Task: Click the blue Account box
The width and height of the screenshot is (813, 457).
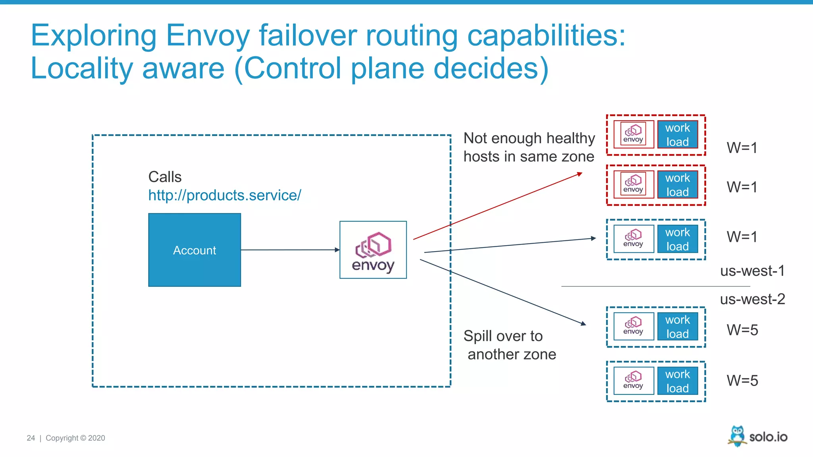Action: (195, 250)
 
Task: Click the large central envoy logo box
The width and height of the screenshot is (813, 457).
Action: (373, 250)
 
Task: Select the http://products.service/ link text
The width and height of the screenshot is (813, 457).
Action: (225, 195)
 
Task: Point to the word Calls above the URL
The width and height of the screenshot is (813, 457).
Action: (165, 177)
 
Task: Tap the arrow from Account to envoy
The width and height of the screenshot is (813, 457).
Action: (290, 250)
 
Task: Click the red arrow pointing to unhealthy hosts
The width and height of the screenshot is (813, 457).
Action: (496, 206)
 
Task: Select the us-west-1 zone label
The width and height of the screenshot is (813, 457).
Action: (752, 271)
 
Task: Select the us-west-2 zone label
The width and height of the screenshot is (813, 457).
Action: (752, 299)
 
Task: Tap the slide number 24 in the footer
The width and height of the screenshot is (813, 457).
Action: (31, 438)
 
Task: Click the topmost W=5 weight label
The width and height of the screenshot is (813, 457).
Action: (742, 330)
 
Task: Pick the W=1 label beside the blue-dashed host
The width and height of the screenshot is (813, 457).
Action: (742, 237)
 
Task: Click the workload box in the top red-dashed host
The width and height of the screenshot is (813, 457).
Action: (678, 135)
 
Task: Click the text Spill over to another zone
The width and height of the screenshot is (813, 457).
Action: (510, 345)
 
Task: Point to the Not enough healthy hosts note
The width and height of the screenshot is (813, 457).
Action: (529, 147)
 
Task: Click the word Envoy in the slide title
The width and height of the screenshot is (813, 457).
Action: (208, 36)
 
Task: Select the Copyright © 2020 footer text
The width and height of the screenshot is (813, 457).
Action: (75, 438)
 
